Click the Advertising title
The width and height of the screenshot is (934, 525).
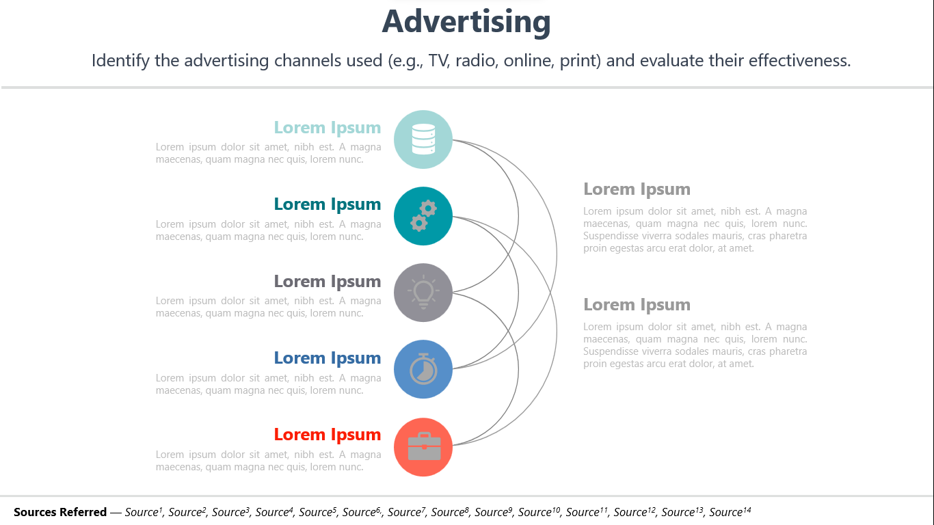point(466,22)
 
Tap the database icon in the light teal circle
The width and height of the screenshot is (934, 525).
point(423,139)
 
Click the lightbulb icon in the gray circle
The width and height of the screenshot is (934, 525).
point(423,292)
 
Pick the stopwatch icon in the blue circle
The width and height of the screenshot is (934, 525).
point(423,368)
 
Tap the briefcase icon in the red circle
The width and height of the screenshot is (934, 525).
point(424,446)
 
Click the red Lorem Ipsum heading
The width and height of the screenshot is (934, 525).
point(328,435)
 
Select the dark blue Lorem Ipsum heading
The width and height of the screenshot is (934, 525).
point(328,358)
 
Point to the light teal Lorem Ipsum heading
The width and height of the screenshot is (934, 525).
point(328,128)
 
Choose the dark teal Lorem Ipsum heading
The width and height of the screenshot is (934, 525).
point(328,204)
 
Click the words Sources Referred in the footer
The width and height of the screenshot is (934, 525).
point(60,512)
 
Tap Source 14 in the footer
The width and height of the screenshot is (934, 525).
point(730,511)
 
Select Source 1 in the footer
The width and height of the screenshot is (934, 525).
point(144,511)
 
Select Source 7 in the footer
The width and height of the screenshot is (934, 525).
point(407,511)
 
